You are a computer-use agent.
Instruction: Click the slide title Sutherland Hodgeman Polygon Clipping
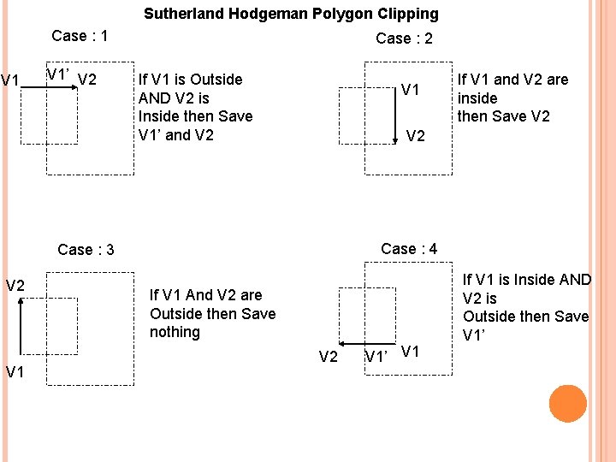pyautogui.click(x=291, y=14)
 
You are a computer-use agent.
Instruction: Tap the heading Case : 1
pyautogui.click(x=80, y=36)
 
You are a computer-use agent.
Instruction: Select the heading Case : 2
pyautogui.click(x=404, y=38)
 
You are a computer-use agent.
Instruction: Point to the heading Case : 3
pyautogui.click(x=86, y=250)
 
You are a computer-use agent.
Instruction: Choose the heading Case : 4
pyautogui.click(x=409, y=249)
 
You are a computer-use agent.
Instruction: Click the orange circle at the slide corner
pyautogui.click(x=568, y=403)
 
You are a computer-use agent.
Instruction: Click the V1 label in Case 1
pyautogui.click(x=11, y=81)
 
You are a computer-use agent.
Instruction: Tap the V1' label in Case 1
pyautogui.click(x=57, y=74)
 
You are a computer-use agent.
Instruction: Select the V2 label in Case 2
pyautogui.click(x=416, y=135)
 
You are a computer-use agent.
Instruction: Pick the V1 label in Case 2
pyautogui.click(x=411, y=90)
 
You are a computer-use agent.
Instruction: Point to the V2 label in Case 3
pyautogui.click(x=15, y=285)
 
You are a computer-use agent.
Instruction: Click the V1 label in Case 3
pyautogui.click(x=15, y=371)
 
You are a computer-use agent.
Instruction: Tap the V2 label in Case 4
pyautogui.click(x=329, y=357)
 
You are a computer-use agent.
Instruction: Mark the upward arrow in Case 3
pyautogui.click(x=21, y=329)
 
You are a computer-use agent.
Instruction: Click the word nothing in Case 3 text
pyautogui.click(x=175, y=332)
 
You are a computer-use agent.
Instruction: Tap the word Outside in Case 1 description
pyautogui.click(x=216, y=80)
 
